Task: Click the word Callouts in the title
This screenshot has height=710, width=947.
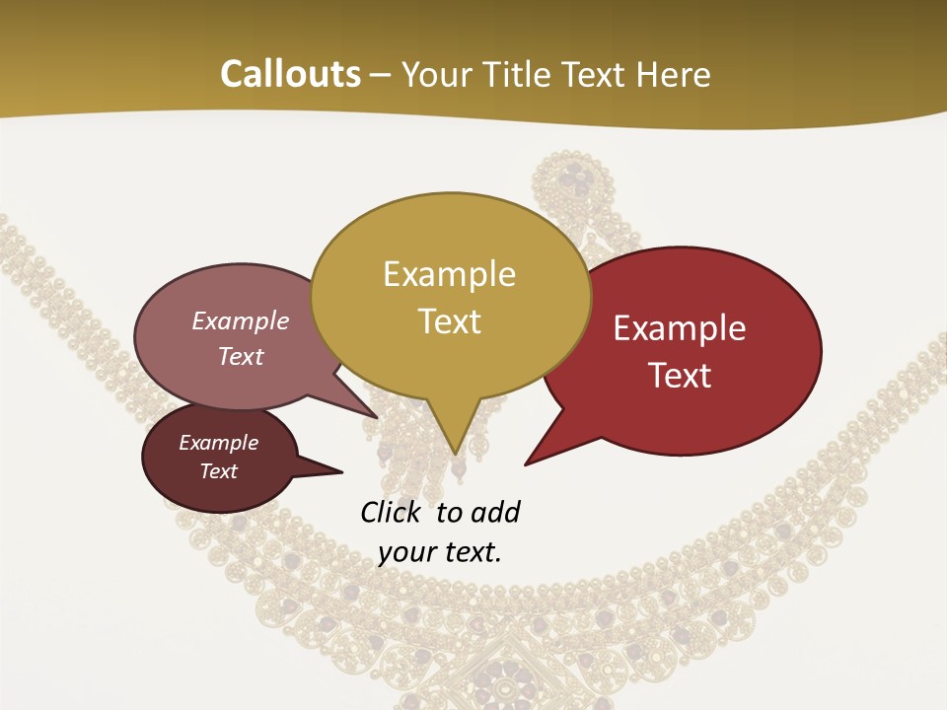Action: coord(290,74)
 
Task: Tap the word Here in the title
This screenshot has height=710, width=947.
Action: coord(674,74)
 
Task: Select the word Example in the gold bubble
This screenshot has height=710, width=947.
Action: coord(449,273)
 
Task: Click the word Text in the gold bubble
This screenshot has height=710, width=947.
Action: coord(450,320)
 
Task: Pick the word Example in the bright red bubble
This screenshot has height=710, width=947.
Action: coord(680,328)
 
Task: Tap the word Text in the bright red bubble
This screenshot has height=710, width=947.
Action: coord(681,375)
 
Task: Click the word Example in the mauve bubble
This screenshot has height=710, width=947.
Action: coord(241,320)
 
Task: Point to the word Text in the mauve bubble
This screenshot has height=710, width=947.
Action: coord(241,356)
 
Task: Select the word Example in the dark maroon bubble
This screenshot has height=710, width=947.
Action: coord(218,443)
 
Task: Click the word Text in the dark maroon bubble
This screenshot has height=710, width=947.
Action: coord(219,471)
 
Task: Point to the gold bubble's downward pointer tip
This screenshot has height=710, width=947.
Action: coord(455,455)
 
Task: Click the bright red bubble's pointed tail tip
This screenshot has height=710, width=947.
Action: coord(525,463)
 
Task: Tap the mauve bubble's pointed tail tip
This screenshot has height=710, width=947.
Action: coord(378,417)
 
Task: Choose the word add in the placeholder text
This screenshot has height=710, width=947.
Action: coord(495,512)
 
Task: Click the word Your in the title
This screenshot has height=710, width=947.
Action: coord(435,74)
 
